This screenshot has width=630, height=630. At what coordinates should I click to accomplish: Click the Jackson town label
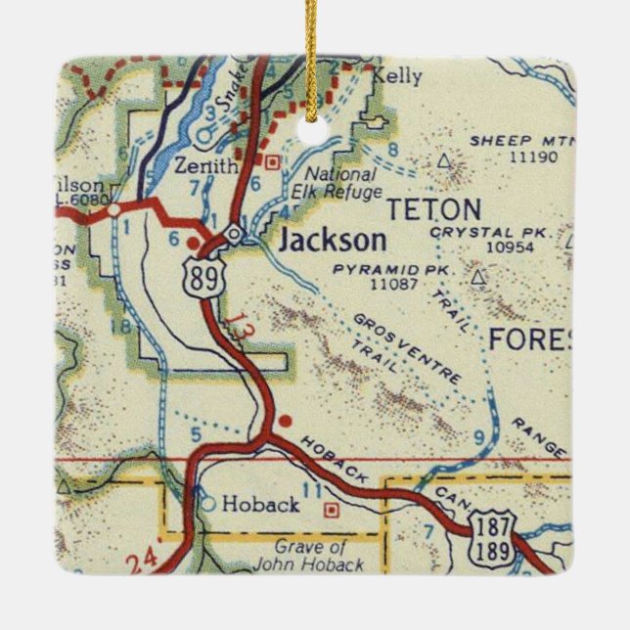[x=332, y=241]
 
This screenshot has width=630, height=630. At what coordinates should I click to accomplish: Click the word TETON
[x=434, y=209]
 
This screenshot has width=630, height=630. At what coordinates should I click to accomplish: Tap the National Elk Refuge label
[x=337, y=183]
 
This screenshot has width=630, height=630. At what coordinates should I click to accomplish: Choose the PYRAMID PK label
[x=379, y=268]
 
